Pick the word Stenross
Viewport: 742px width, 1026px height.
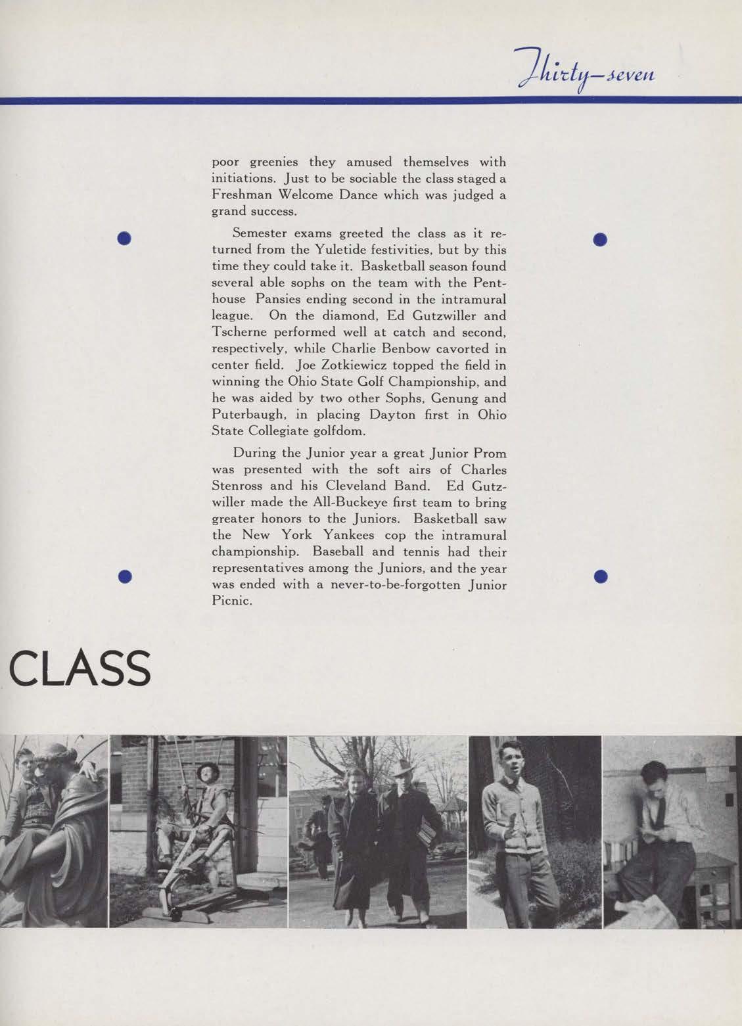pos(238,486)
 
